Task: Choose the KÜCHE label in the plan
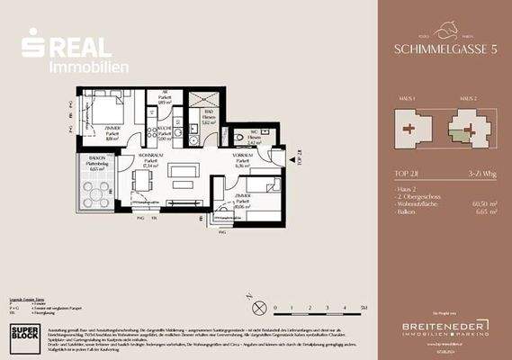(164, 129)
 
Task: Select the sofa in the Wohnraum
(187, 170)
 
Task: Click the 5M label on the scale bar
(364, 308)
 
